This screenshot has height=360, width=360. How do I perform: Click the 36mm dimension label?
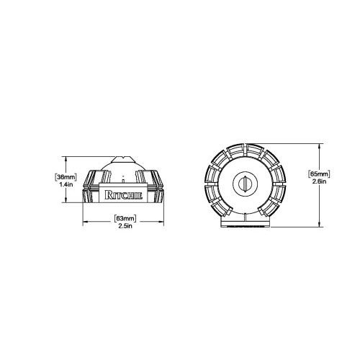click(66, 177)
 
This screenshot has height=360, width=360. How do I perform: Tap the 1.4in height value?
click(66, 184)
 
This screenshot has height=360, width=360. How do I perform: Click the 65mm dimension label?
click(319, 174)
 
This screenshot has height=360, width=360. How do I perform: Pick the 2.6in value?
click(319, 181)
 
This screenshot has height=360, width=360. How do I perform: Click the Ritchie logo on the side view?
click(123, 195)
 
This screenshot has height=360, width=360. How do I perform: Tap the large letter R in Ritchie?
click(108, 195)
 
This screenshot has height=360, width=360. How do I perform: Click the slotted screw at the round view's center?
click(245, 184)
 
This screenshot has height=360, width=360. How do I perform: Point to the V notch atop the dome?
click(123, 158)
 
